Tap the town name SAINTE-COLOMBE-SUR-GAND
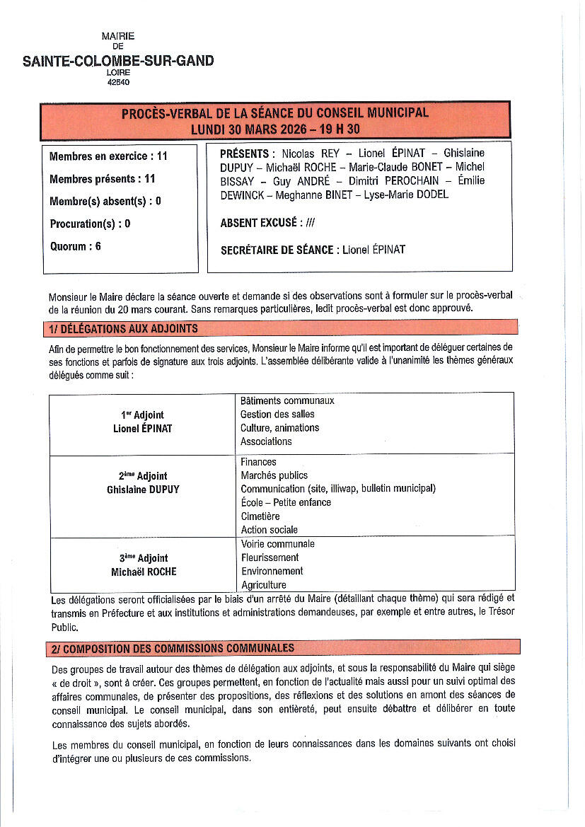[118, 61]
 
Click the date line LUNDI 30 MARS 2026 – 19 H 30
[275, 129]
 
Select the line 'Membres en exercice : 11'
[108, 156]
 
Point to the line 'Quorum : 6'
[75, 247]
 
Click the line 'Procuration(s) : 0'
[90, 224]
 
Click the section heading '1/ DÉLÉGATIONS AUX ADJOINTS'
[124, 328]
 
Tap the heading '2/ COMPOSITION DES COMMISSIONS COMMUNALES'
[173, 648]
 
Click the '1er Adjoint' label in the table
[142, 415]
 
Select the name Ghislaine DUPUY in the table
[143, 490]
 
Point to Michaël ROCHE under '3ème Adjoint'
[144, 572]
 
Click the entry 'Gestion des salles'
[277, 415]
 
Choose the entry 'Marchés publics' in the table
[274, 475]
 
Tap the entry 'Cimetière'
[260, 516]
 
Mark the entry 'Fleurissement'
[270, 557]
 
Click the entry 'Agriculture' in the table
[264, 585]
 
